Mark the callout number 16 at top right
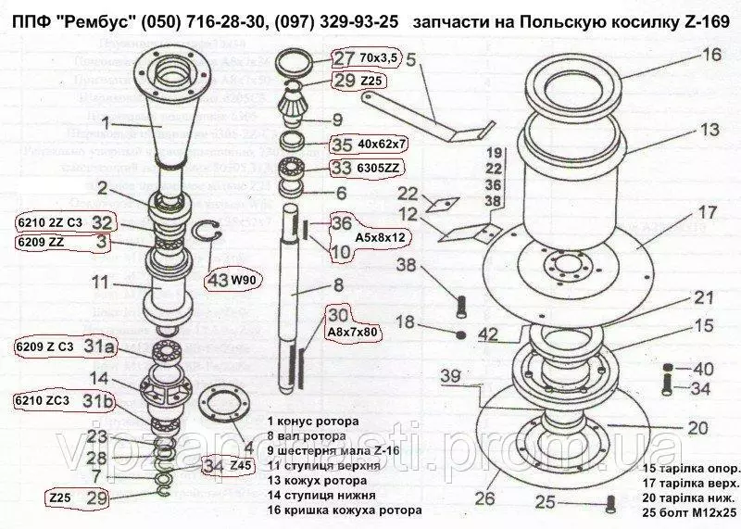tap(710, 56)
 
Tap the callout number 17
tap(707, 212)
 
